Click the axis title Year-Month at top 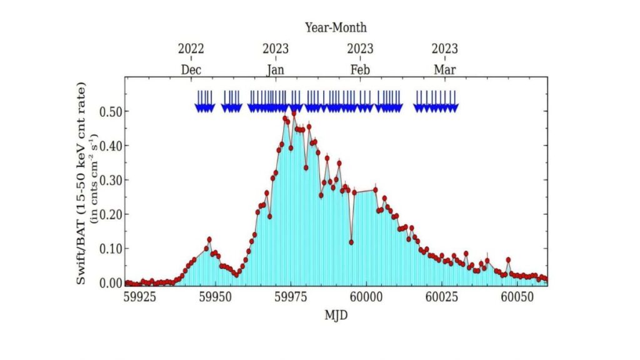tap(336, 27)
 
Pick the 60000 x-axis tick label tap(366, 294)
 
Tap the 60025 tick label tap(442, 294)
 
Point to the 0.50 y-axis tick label tap(111, 112)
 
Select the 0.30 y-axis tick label tap(111, 181)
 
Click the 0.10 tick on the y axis tap(111, 249)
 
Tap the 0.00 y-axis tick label tap(111, 283)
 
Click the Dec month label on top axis tap(191, 69)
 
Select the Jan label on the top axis tap(276, 69)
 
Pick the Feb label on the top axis tap(360, 69)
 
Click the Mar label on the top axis tap(445, 69)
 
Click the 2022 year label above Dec tap(191, 49)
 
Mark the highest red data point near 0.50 tap(294, 113)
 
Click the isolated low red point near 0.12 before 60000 tap(351, 242)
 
